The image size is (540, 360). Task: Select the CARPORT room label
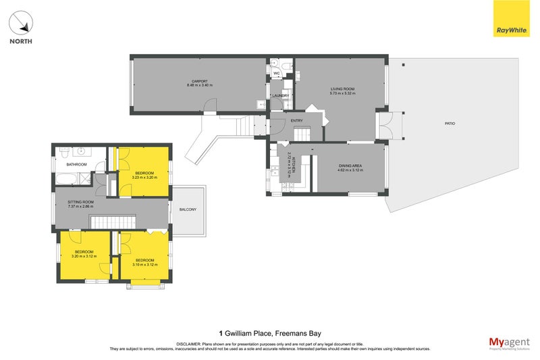199,82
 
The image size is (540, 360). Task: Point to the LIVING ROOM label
342,89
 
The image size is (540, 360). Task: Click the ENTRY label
296,121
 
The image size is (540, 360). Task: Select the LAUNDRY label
280,96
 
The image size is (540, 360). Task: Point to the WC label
275,73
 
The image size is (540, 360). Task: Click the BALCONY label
188,209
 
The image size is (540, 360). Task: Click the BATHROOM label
76,165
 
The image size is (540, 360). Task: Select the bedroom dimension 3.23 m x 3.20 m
144,178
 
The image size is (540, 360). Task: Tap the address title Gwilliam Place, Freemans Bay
270,333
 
